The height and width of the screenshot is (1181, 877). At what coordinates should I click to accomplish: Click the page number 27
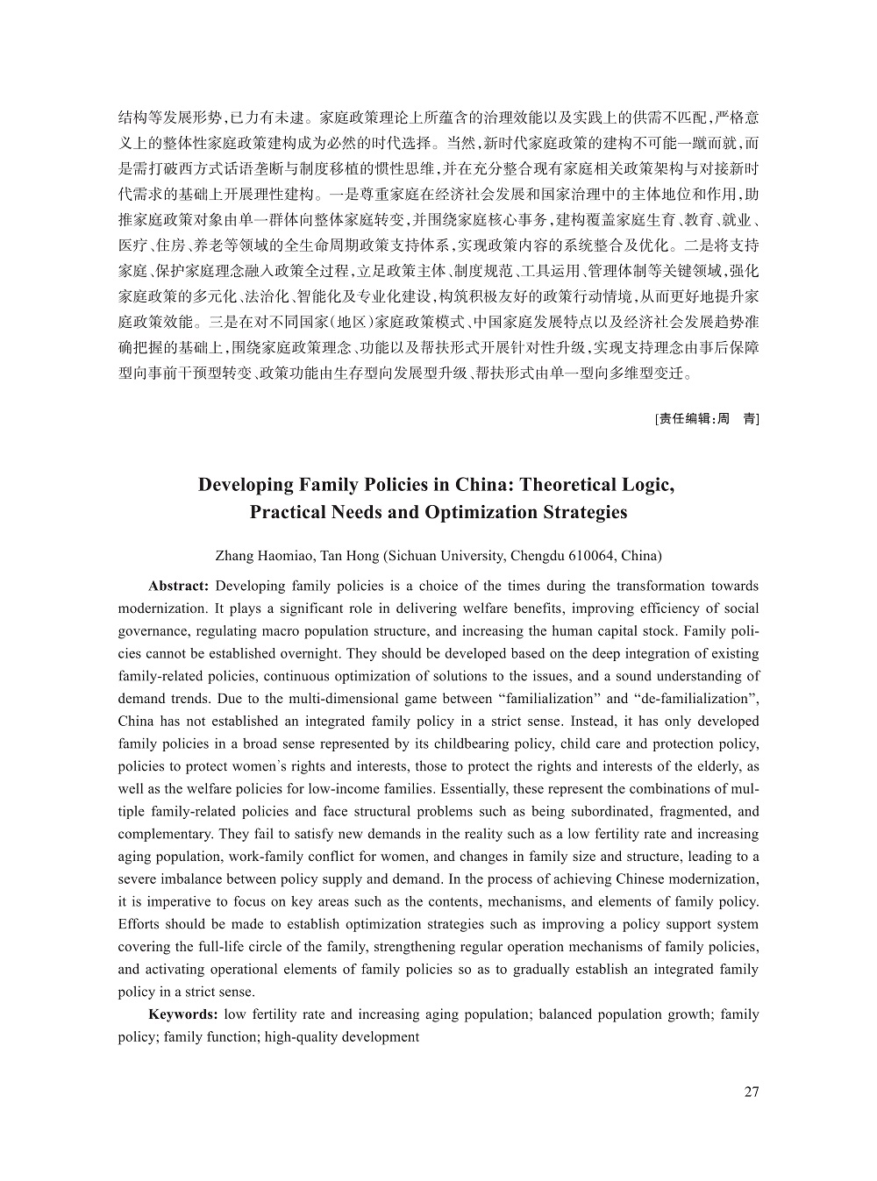751,1092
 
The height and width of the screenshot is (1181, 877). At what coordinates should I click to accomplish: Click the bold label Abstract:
178,586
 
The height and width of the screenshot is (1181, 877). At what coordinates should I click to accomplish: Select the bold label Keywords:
182,1014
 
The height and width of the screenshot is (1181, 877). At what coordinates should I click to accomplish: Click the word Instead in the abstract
593,722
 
